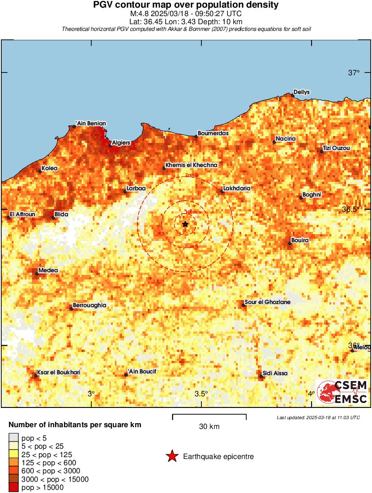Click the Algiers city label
(x=121, y=143)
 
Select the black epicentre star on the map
(x=185, y=224)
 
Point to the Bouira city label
(x=300, y=240)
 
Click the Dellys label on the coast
(x=302, y=92)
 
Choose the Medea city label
(x=48, y=270)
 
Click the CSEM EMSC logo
(x=342, y=393)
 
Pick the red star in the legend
(x=172, y=457)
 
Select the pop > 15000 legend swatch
(x=14, y=488)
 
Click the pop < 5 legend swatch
(x=14, y=437)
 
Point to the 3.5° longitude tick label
(x=201, y=394)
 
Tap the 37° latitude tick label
(x=354, y=73)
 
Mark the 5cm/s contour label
(x=192, y=247)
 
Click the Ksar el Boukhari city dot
(x=36, y=375)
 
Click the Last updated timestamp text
(x=318, y=418)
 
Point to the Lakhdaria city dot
(x=222, y=192)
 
